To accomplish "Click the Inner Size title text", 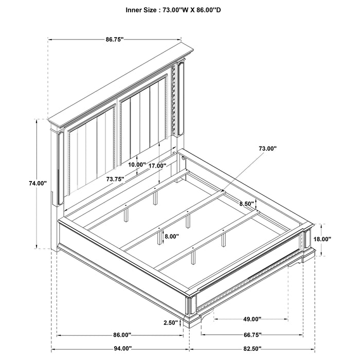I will tap(180, 9).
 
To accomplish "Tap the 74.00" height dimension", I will tap(38, 183).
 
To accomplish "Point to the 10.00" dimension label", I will tap(137, 165).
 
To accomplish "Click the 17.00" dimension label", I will tap(157, 166).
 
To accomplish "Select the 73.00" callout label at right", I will tap(267, 148).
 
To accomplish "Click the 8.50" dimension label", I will tap(246, 204).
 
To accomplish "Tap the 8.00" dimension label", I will tap(171, 237).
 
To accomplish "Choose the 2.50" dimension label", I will tap(171, 323).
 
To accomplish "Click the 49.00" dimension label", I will tap(252, 319).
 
